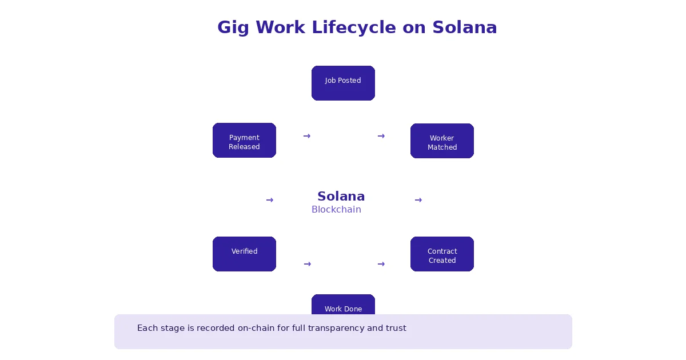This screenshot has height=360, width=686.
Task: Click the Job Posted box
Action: (x=343, y=83)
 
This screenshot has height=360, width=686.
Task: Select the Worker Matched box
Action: (x=442, y=141)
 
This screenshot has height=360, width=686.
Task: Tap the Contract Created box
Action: (x=442, y=254)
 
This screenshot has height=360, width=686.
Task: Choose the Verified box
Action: (x=244, y=254)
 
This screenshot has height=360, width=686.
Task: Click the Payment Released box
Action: (x=244, y=140)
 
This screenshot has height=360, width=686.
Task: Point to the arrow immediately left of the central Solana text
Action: (x=269, y=200)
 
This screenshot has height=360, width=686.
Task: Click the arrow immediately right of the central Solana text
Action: (x=418, y=200)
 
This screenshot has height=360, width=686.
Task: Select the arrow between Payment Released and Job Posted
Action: (x=306, y=136)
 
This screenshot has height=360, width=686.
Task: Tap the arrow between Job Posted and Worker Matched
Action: (x=381, y=136)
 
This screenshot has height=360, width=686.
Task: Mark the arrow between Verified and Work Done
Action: (x=307, y=264)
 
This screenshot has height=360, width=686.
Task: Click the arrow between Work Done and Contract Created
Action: (x=381, y=264)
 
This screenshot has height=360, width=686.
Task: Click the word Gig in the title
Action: (x=233, y=27)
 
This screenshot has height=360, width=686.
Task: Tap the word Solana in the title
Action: (x=464, y=27)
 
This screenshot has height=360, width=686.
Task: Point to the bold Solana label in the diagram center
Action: (x=341, y=197)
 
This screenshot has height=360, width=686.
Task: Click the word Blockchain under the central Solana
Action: (x=336, y=210)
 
